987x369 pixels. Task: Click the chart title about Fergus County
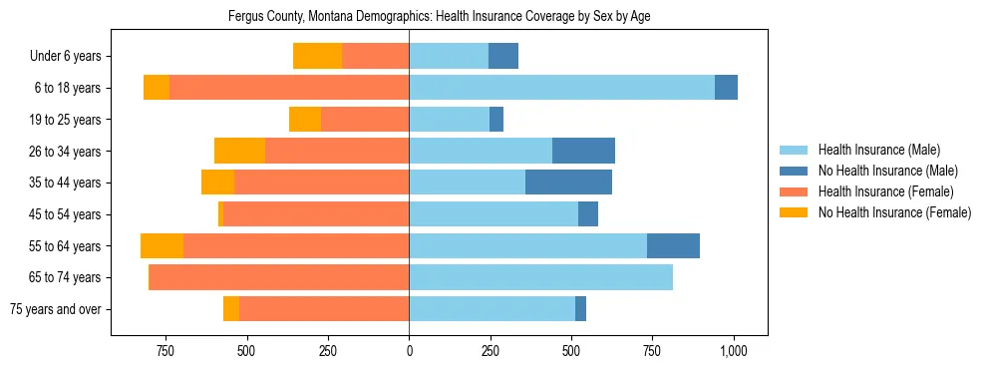coord(439,17)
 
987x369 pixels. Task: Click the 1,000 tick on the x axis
coord(734,351)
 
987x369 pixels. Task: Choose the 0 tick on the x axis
coord(409,351)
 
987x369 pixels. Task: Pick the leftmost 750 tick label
coord(165,351)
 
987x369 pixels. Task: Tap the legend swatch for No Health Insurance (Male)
coord(795,171)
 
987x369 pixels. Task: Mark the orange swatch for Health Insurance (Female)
coord(795,191)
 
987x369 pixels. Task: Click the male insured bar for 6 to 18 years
coord(561,88)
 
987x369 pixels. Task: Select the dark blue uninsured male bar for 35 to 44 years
coord(568,183)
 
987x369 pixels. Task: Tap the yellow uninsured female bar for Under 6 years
coord(317,56)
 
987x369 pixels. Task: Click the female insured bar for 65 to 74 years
coord(279,277)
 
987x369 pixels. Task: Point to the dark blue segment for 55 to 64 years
coord(673,245)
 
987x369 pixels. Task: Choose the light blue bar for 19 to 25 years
coord(449,120)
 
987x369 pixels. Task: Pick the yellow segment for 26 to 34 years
coord(239,151)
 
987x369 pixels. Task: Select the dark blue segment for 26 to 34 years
coord(583,151)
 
